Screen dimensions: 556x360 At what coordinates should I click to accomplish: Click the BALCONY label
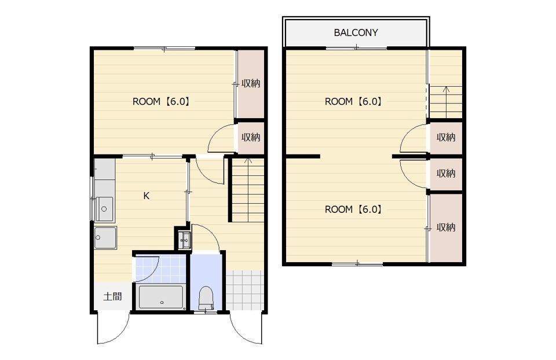pos(356,32)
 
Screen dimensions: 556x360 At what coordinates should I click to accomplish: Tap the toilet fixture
pos(206,298)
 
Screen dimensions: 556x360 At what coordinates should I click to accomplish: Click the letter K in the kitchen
pos(146,196)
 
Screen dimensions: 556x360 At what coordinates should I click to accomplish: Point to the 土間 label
pos(112,296)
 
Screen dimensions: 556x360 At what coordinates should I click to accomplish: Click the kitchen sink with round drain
pos(104,209)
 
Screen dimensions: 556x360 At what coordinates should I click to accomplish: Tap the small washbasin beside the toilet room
pos(184,240)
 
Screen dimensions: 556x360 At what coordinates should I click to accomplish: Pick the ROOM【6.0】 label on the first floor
pos(162,102)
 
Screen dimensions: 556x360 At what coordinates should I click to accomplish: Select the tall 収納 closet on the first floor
pos(251,83)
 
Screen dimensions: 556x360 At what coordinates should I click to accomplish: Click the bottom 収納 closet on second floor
pos(446,227)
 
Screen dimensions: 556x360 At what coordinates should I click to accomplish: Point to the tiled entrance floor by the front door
pos(245,290)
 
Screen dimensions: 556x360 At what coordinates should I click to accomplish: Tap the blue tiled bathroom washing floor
pos(160,269)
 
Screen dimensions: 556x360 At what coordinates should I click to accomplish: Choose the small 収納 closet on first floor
pos(251,138)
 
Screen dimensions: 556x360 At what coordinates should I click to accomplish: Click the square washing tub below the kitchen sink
pos(105,237)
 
